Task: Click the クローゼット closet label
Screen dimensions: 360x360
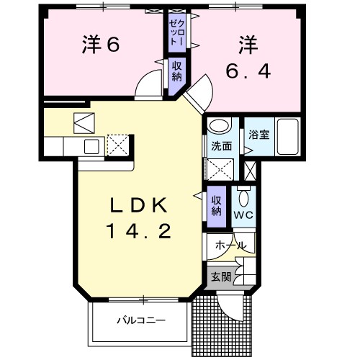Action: (x=176, y=32)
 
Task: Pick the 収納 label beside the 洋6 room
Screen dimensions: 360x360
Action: (x=176, y=71)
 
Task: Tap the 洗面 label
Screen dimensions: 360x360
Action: (x=221, y=145)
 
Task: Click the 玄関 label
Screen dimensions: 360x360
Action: (x=221, y=276)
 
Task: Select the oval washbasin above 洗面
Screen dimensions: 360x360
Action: (x=217, y=127)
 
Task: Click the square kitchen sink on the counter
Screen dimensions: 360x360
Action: (x=91, y=146)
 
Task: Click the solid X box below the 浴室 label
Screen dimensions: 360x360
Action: (x=250, y=171)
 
